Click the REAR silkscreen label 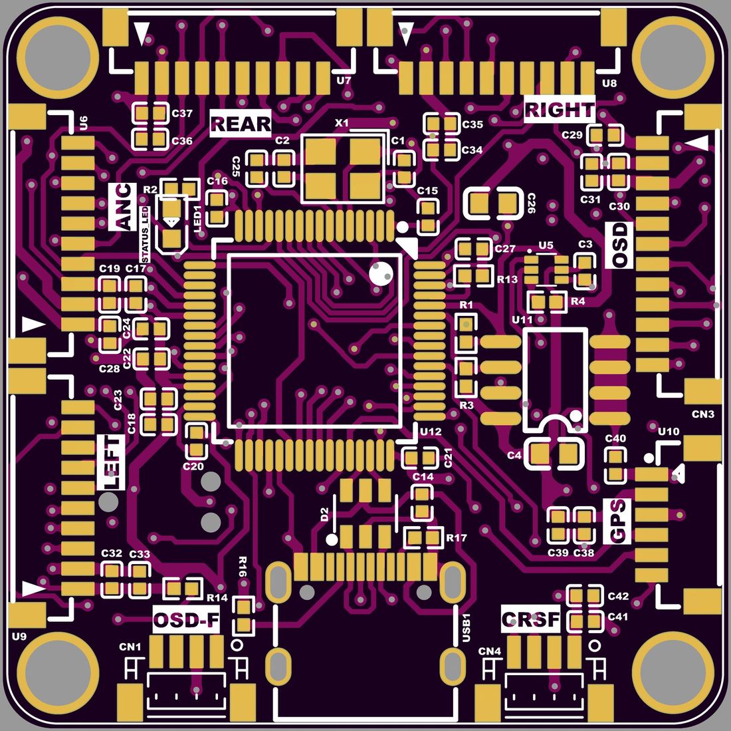(240, 124)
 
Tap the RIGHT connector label (560, 109)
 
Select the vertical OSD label (619, 245)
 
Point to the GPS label (617, 521)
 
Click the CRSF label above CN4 (530, 619)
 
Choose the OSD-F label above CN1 (186, 620)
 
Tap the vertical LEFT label (111, 462)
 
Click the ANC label (122, 207)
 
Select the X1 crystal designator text (342, 123)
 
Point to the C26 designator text (530, 204)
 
